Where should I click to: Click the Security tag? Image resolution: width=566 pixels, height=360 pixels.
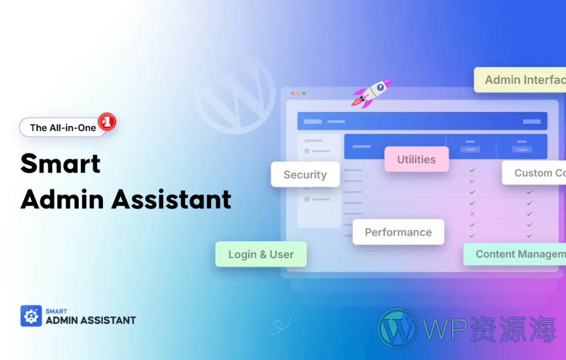click(305, 175)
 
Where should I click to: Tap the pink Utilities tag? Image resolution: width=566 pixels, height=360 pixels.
click(416, 159)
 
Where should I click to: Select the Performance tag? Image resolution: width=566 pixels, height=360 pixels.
click(398, 232)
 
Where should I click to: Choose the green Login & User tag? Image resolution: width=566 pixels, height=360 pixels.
click(261, 255)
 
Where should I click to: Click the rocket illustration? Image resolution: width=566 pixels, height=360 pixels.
click(372, 93)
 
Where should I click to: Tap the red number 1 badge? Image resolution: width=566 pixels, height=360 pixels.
click(108, 122)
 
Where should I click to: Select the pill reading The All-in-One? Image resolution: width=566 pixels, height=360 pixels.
click(63, 128)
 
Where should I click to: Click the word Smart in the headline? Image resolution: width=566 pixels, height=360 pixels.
click(61, 164)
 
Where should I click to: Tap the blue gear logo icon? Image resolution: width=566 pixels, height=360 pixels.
click(31, 316)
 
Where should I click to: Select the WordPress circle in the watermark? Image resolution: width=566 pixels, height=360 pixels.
click(397, 328)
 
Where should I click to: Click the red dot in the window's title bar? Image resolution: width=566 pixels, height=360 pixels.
click(293, 94)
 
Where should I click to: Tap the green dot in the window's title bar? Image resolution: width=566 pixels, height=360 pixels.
click(304, 94)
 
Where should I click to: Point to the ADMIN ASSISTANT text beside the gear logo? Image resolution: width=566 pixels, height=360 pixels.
click(91, 320)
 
